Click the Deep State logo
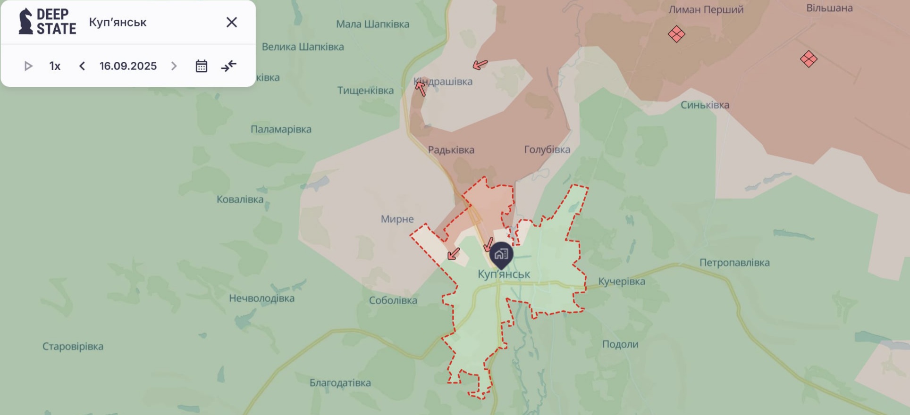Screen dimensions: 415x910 click(47, 22)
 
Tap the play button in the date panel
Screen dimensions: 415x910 click(28, 66)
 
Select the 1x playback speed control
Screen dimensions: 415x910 click(55, 66)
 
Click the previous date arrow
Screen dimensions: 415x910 click(82, 66)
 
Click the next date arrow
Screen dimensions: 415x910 click(174, 66)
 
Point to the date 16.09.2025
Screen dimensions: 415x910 click(128, 66)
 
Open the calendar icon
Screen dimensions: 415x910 click(202, 66)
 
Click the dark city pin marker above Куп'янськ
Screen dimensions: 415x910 click(501, 255)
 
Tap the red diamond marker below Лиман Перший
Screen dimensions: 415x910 click(676, 34)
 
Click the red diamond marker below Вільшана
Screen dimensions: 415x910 click(809, 59)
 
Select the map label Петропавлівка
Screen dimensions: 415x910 click(734, 263)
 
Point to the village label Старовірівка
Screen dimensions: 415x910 click(73, 347)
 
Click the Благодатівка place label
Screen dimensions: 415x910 click(340, 383)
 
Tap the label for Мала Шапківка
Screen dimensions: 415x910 click(372, 24)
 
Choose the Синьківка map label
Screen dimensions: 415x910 click(705, 105)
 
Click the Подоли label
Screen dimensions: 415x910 click(620, 344)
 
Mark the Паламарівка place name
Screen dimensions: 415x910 click(281, 129)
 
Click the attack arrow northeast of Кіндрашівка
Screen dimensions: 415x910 click(480, 65)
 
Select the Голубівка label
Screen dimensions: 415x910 click(547, 149)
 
